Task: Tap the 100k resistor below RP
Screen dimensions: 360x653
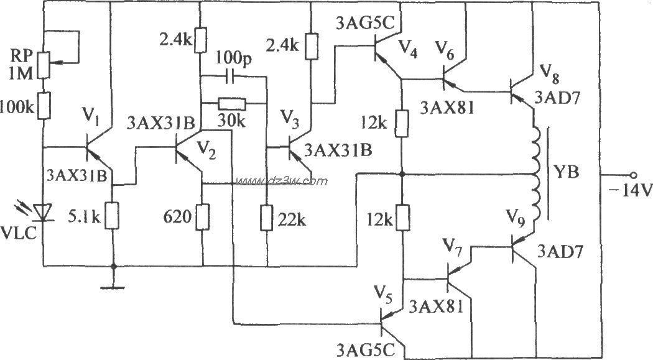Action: point(44,106)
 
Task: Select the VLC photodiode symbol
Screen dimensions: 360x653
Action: point(43,213)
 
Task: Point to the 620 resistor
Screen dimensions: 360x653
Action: point(201,218)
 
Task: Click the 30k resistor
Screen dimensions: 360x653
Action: point(233,103)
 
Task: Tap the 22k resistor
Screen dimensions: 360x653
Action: point(266,219)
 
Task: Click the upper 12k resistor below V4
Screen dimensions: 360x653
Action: point(402,123)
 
